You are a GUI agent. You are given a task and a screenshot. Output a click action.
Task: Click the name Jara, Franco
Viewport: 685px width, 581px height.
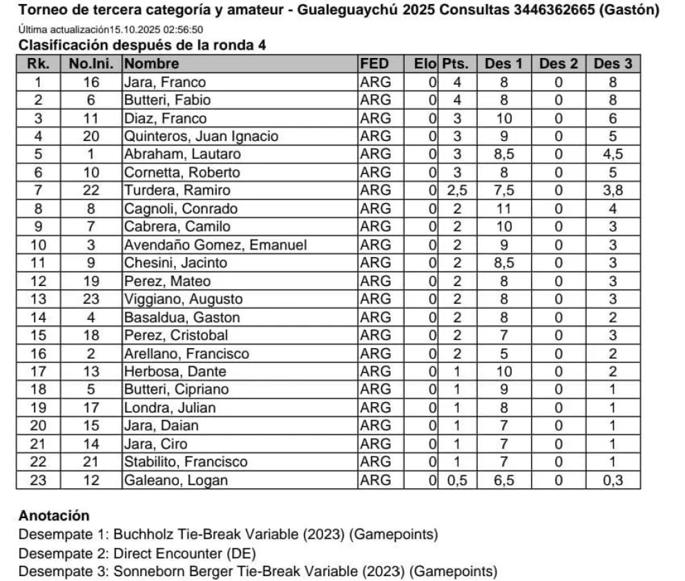(157, 82)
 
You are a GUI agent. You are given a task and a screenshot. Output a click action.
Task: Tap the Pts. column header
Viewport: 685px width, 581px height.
(455, 64)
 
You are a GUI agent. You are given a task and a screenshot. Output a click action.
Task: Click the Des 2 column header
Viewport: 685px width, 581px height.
(558, 64)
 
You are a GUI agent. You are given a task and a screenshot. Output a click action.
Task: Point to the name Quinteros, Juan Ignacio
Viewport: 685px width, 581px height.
(200, 136)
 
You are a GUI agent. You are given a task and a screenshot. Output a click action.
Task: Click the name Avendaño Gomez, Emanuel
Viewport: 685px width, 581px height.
(215, 245)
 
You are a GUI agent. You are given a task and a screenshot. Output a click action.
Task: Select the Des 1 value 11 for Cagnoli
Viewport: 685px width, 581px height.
(503, 209)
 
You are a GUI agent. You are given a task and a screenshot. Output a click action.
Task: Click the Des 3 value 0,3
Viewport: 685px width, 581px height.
(612, 480)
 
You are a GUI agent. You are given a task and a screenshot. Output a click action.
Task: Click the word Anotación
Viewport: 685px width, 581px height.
(54, 515)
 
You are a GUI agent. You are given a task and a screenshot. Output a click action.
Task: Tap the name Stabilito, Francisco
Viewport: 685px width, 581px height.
(185, 461)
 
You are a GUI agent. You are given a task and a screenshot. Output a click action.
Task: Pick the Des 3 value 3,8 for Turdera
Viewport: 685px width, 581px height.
(612, 191)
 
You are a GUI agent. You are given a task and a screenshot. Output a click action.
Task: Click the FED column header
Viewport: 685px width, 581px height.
(374, 64)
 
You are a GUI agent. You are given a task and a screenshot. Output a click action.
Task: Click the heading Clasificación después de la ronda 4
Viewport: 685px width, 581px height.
(142, 46)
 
